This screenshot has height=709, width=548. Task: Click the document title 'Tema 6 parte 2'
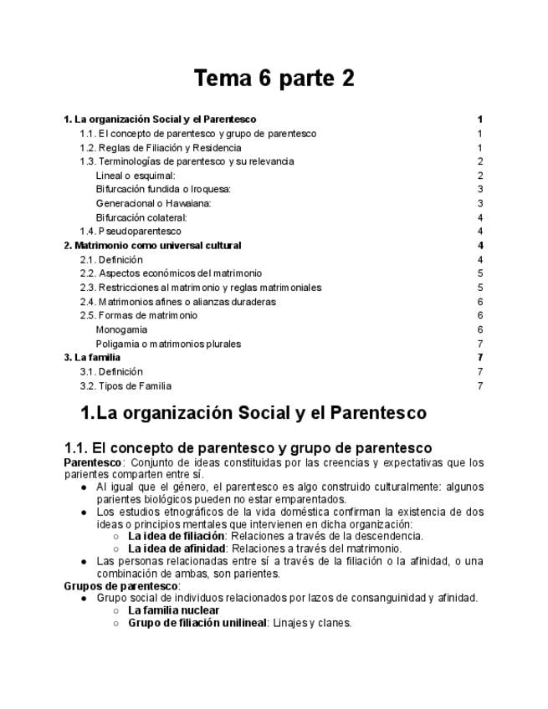click(274, 79)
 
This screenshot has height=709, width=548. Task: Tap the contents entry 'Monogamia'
click(121, 329)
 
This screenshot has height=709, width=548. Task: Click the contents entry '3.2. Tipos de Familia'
click(125, 385)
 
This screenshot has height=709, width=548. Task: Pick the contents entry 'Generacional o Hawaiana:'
click(153, 203)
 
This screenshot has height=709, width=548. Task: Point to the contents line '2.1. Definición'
click(111, 259)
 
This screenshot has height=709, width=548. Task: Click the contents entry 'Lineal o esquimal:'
click(136, 176)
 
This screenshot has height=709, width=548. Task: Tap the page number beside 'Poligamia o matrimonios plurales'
click(480, 344)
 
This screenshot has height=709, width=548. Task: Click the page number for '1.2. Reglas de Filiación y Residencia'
click(480, 147)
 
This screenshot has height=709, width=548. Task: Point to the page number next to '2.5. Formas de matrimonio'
click(480, 315)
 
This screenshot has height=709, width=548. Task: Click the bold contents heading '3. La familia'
click(92, 357)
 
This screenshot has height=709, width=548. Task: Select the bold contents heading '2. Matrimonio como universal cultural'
click(153, 245)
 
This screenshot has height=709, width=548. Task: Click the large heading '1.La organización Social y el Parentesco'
click(253, 413)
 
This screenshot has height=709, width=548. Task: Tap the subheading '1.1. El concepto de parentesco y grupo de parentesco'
click(248, 448)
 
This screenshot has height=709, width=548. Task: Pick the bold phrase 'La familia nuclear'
click(173, 610)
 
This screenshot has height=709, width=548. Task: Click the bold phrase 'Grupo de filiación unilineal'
click(197, 623)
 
